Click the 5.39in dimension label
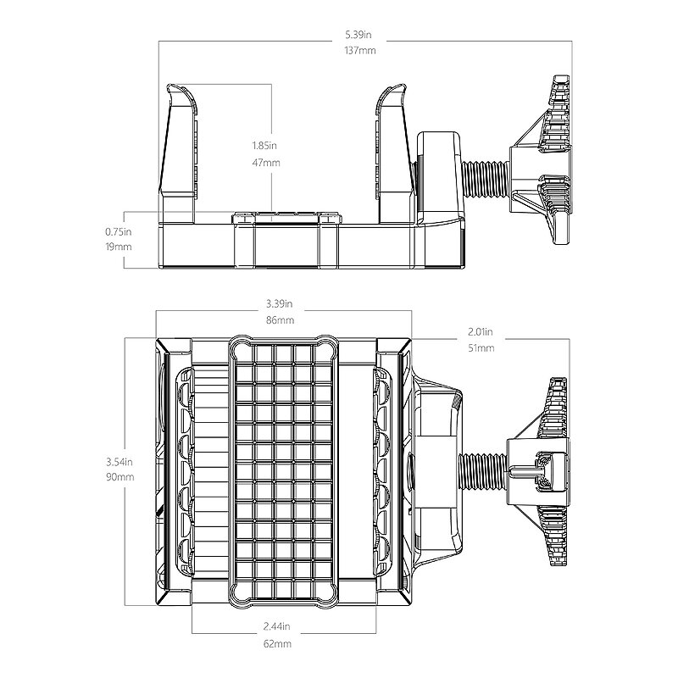click(x=358, y=35)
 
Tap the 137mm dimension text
click(x=360, y=51)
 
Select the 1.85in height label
click(x=264, y=145)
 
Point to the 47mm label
click(x=266, y=163)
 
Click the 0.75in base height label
click(x=118, y=231)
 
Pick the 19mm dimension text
click(x=118, y=247)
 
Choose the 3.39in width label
click(x=280, y=303)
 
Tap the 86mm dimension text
click(x=281, y=320)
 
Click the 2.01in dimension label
click(x=481, y=332)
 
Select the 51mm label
click(x=481, y=348)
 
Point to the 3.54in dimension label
click(x=119, y=462)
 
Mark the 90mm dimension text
click(x=120, y=477)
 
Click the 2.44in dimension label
click(x=277, y=626)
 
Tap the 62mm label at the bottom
click(x=278, y=644)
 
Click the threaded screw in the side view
click(x=485, y=179)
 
